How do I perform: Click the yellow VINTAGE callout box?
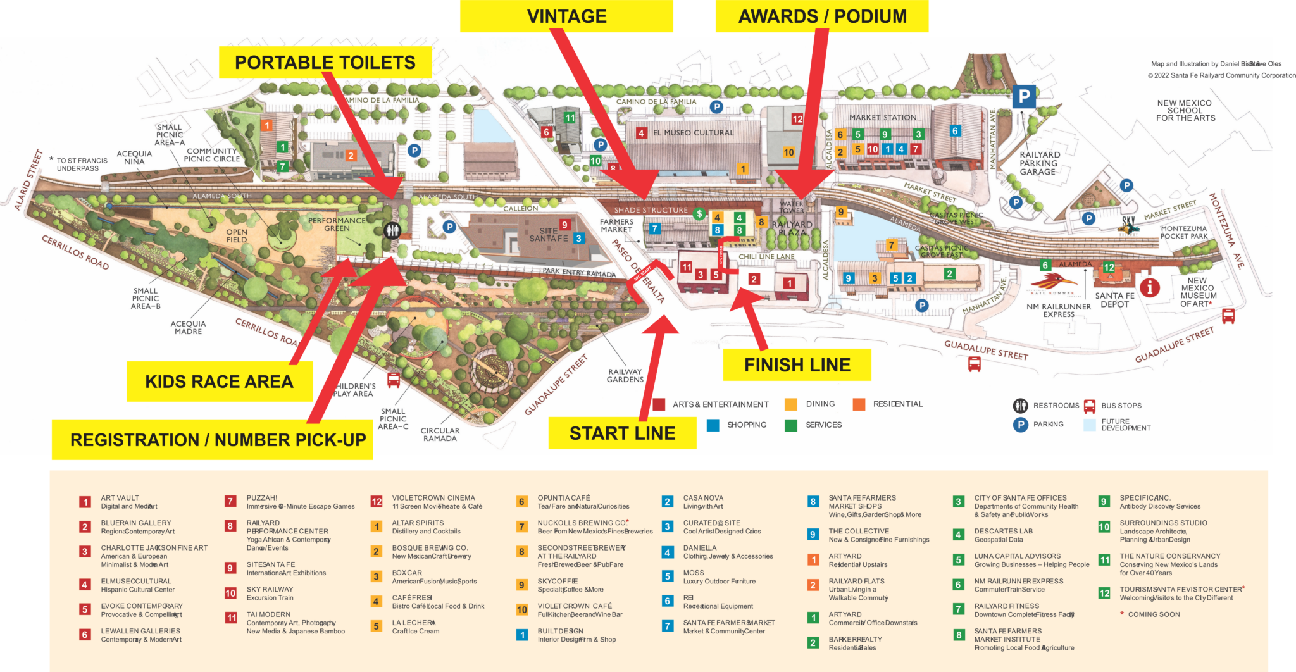click(566, 16)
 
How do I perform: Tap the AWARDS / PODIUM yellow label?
click(822, 16)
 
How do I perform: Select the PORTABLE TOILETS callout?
click(325, 63)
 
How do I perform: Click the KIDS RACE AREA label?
click(219, 382)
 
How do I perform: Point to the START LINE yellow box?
click(622, 433)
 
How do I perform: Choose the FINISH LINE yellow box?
click(797, 365)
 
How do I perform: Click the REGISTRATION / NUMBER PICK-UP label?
click(218, 440)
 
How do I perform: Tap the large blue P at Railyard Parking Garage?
click(1023, 97)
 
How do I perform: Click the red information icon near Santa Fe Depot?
click(1149, 288)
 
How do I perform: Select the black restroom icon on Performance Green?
click(392, 230)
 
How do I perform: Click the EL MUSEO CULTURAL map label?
click(693, 133)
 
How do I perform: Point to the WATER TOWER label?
click(791, 207)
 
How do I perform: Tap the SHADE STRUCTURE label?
click(651, 210)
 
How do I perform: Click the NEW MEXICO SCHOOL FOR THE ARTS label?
click(1185, 110)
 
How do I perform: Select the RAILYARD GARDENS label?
click(625, 376)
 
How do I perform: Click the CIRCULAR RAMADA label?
click(440, 435)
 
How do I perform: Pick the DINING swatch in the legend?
click(791, 404)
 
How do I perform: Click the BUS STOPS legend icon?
click(1089, 406)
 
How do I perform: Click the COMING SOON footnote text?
click(1153, 614)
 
